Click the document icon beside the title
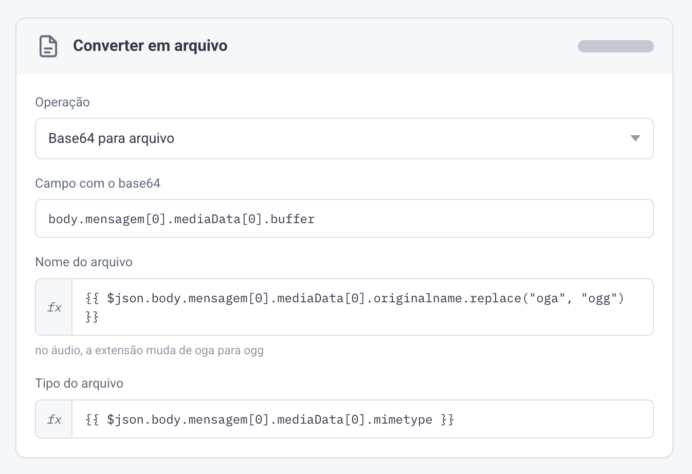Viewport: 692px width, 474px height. coord(48,46)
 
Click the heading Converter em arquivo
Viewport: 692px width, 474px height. coord(150,46)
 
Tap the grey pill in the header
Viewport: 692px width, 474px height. coord(616,46)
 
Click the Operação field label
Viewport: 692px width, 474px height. coord(62,102)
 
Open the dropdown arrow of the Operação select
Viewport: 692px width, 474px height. coord(635,138)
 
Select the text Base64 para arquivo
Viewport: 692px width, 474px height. coord(111,138)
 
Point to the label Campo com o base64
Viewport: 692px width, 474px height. coord(98,183)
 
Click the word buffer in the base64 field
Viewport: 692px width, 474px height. coord(292,219)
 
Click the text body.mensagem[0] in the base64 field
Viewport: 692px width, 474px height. coord(107,219)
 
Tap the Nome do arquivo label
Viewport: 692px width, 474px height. coord(84,262)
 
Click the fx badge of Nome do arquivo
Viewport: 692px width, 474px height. coord(54,307)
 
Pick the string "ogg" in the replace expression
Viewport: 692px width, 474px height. coord(599,299)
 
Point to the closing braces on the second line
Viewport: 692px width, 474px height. coord(92,317)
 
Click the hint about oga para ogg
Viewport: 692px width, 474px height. coord(149,351)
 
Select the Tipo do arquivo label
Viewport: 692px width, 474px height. coord(79,383)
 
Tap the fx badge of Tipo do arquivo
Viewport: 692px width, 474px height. coord(54,420)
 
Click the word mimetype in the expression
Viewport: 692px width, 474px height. coord(403,420)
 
